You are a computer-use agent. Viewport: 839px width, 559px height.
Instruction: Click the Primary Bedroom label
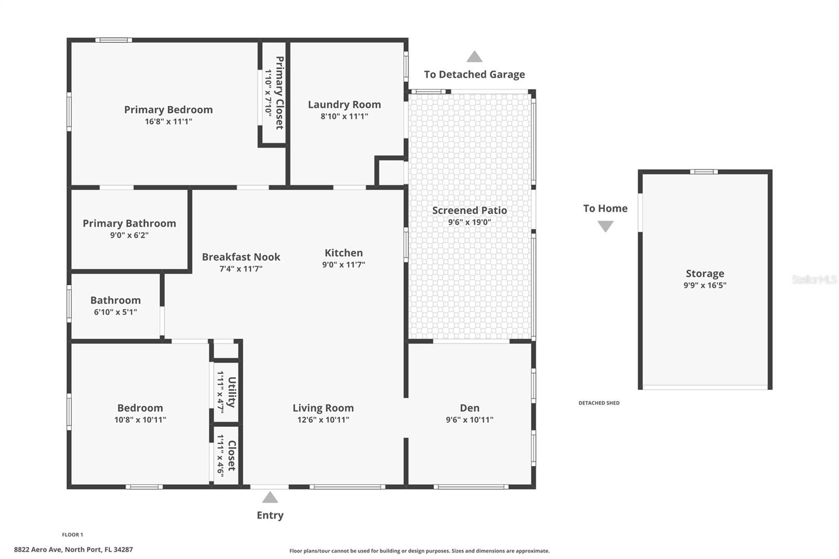pyautogui.click(x=168, y=110)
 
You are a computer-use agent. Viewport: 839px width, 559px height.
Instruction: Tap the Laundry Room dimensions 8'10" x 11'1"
pyautogui.click(x=344, y=116)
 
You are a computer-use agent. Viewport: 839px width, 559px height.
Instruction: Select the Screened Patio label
pyautogui.click(x=469, y=210)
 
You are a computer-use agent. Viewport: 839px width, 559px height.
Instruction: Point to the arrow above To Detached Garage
pyautogui.click(x=474, y=57)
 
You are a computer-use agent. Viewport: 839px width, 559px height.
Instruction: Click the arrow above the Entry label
pyautogui.click(x=270, y=497)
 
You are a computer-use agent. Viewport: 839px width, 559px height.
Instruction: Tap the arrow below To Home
pyautogui.click(x=605, y=227)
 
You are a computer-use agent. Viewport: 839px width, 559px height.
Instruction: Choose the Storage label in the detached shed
pyautogui.click(x=705, y=274)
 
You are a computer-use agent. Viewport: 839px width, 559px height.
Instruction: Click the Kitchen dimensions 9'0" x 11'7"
pyautogui.click(x=343, y=264)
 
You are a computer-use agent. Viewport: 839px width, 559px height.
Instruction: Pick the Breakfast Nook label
pyautogui.click(x=241, y=257)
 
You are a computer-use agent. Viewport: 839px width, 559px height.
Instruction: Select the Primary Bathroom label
pyautogui.click(x=129, y=223)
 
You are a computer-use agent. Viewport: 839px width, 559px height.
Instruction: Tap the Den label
pyautogui.click(x=469, y=407)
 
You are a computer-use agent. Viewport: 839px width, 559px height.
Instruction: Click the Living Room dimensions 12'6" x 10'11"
pyautogui.click(x=323, y=420)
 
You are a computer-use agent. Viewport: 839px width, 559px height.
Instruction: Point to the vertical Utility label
pyautogui.click(x=231, y=392)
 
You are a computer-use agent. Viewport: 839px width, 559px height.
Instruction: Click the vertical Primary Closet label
pyautogui.click(x=279, y=93)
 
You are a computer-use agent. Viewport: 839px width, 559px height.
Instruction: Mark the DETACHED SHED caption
pyautogui.click(x=599, y=403)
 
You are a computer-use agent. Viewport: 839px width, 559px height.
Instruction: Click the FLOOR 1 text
pyautogui.click(x=72, y=535)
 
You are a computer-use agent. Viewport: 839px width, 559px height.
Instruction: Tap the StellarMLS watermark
pyautogui.click(x=814, y=279)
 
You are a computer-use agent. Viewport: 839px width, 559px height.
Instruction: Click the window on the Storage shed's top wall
pyautogui.click(x=704, y=172)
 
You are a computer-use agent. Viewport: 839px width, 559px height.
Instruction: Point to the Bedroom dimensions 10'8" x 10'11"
pyautogui.click(x=140, y=420)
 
